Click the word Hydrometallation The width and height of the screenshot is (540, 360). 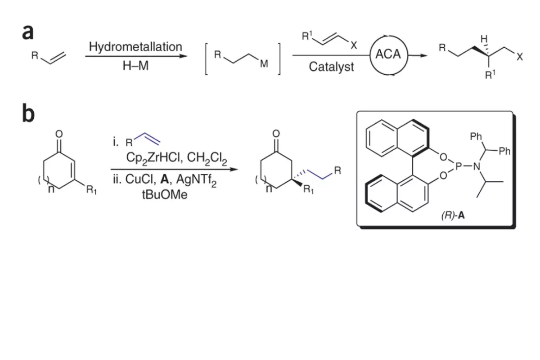[x=135, y=47]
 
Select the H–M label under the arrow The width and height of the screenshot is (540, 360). [x=135, y=66]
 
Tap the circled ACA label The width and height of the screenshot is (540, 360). [x=388, y=54]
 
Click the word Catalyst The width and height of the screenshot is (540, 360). [x=331, y=67]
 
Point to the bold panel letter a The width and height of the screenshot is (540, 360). [x=28, y=32]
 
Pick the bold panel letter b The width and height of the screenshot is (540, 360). [x=28, y=113]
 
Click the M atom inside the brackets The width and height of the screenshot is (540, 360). [x=264, y=64]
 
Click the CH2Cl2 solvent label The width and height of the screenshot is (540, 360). [x=207, y=158]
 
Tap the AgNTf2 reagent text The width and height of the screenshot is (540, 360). [x=196, y=180]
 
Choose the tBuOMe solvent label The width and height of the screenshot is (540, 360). [x=165, y=194]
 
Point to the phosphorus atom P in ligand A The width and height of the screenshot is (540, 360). [x=459, y=166]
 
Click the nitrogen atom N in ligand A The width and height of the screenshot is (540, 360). [x=477, y=166]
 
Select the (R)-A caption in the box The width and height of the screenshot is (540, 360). [x=453, y=215]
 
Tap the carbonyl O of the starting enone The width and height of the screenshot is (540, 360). [x=59, y=134]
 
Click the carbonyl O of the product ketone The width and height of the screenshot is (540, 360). [x=276, y=134]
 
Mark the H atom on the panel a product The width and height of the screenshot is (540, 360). [x=484, y=39]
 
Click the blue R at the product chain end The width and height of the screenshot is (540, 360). [x=337, y=171]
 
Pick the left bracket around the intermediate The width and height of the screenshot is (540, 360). [x=207, y=59]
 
